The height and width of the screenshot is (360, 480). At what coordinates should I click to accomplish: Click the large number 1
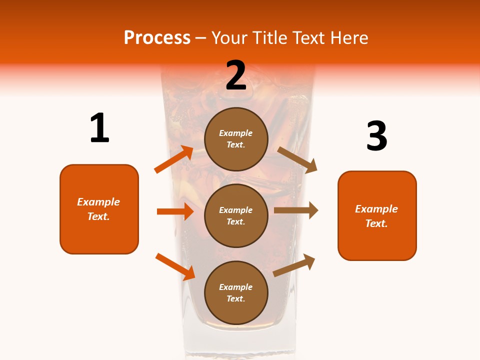[99, 128]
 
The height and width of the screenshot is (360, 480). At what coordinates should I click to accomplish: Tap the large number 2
[236, 75]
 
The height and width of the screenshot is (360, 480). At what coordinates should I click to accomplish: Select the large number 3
[376, 136]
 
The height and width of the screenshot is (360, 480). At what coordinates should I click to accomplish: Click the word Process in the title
[157, 37]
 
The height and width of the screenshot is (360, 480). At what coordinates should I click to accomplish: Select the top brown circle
[236, 139]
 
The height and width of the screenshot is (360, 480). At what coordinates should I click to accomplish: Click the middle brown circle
[236, 215]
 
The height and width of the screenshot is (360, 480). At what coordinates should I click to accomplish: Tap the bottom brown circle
[236, 292]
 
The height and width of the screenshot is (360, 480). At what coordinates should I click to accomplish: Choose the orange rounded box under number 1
[99, 209]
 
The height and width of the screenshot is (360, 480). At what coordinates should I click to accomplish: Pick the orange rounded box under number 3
[377, 215]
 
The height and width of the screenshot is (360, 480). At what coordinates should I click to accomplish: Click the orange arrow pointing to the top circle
[174, 159]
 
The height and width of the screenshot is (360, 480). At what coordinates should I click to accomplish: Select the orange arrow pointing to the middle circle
[175, 211]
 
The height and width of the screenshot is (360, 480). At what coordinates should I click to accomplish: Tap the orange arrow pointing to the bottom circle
[175, 266]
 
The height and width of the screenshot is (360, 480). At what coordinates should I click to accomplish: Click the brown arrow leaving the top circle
[297, 160]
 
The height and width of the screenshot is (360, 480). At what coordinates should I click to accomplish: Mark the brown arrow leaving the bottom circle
[294, 265]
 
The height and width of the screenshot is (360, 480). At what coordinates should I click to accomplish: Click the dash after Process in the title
[201, 38]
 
